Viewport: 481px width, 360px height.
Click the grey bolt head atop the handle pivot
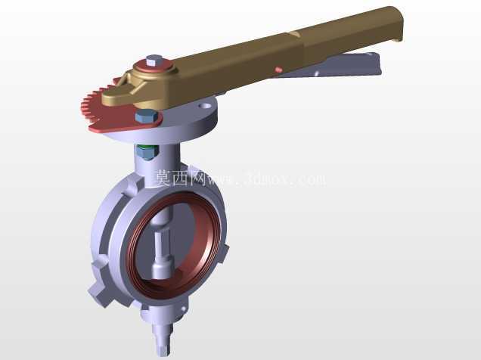154,61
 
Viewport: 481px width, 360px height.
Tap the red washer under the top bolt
155,68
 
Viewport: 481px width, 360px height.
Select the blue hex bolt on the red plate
146,116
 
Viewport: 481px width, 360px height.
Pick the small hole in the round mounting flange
205,107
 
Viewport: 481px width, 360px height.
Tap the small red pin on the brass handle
278,70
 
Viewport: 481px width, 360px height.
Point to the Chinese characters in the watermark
180,178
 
